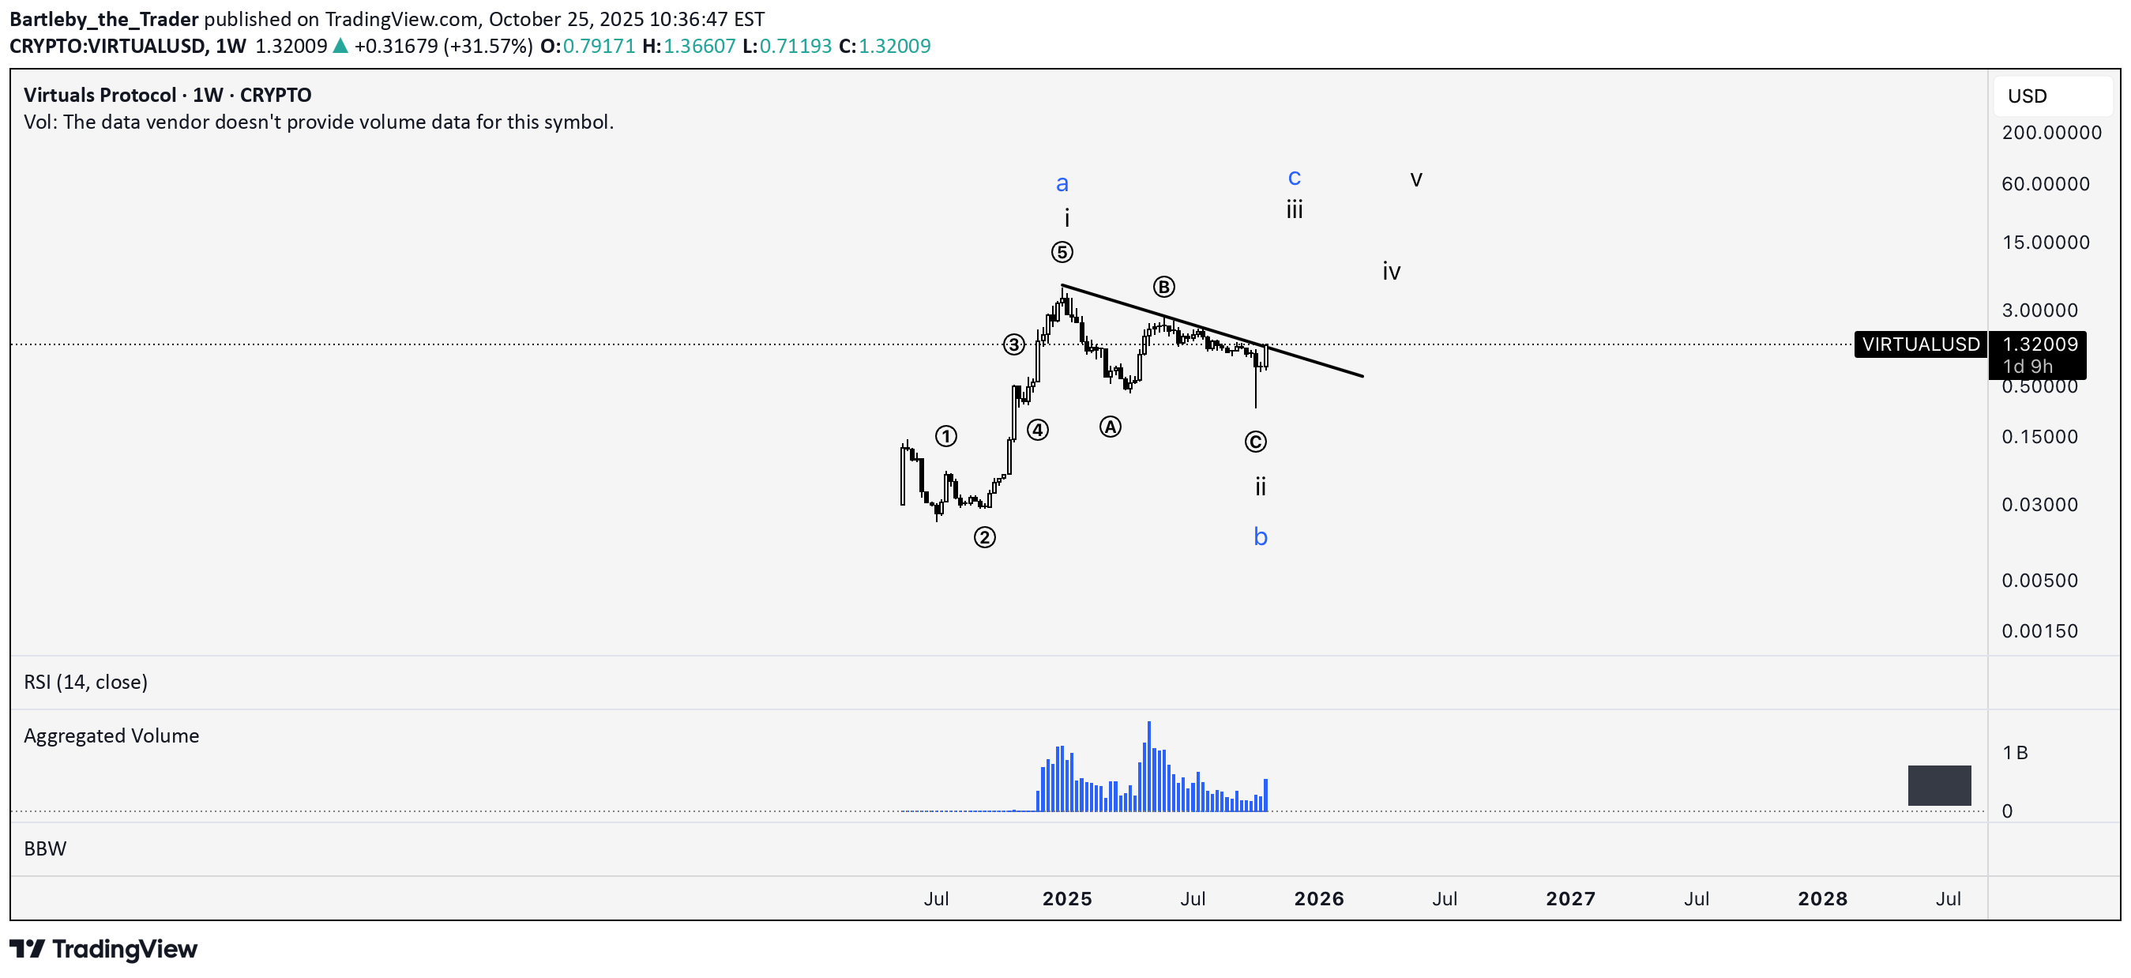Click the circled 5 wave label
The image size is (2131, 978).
click(1062, 251)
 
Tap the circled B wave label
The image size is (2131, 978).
click(1163, 286)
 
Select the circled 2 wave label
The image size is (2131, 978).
click(983, 537)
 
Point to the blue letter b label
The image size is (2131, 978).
click(1260, 537)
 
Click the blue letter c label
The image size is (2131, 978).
click(1294, 177)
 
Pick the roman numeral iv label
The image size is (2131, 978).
click(1391, 272)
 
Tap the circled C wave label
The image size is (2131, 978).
click(1255, 442)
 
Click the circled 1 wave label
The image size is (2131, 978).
click(945, 436)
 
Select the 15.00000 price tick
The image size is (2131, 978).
click(2045, 243)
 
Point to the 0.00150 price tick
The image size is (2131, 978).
click(2039, 631)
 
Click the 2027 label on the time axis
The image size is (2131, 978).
click(1570, 898)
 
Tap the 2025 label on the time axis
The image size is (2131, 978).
click(1066, 898)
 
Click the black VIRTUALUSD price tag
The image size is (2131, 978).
click(1920, 344)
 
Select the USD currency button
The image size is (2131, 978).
click(2027, 96)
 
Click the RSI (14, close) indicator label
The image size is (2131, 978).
click(86, 682)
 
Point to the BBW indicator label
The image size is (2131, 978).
click(46, 849)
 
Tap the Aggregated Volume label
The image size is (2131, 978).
click(111, 735)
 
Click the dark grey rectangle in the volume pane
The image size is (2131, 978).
click(1938, 785)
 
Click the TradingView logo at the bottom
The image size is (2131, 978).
click(103, 949)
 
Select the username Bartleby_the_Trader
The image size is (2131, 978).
click(104, 19)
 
